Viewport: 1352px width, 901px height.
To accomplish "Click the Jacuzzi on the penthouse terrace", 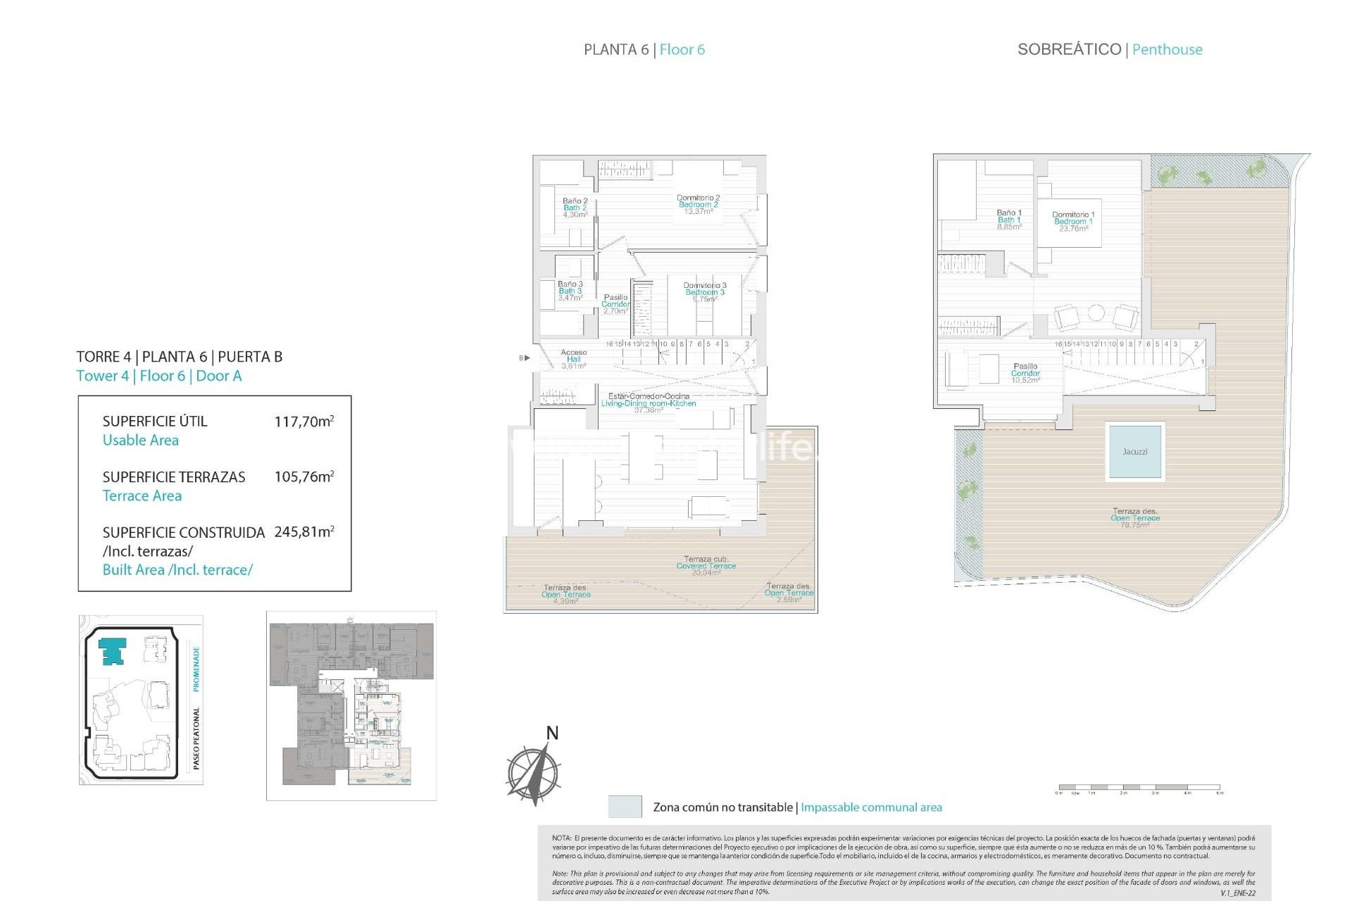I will [1134, 451].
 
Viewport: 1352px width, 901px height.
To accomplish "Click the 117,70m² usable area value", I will [303, 422].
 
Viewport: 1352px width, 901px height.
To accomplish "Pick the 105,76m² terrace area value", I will [303, 477].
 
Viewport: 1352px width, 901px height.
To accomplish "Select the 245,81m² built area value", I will [303, 532].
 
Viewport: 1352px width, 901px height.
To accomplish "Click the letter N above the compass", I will [552, 733].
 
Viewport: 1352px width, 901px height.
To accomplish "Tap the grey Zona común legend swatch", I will [625, 807].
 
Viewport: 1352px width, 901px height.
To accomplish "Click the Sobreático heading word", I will [1069, 49].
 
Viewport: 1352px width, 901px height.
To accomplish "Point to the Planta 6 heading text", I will [616, 49].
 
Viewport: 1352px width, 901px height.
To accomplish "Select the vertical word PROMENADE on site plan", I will [196, 669].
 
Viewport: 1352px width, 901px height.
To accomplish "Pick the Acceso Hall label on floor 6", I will [573, 358].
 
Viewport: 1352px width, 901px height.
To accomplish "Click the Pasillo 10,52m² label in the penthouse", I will [1025, 373].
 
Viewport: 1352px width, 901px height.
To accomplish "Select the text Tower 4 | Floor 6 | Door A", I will [159, 376].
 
